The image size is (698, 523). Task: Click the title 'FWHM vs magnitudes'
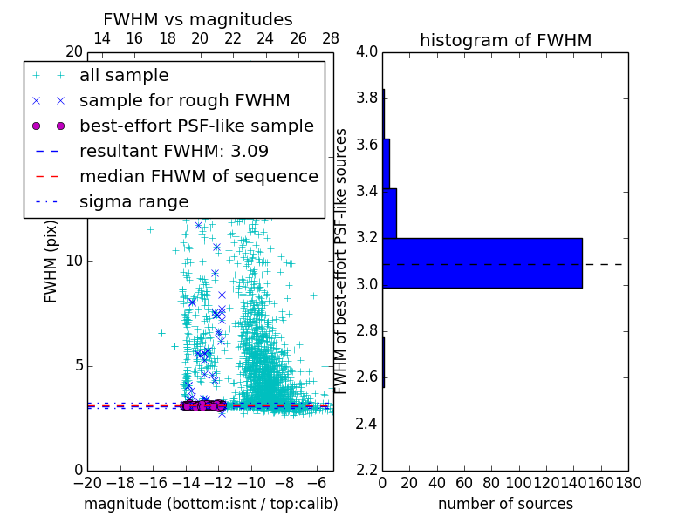(x=198, y=19)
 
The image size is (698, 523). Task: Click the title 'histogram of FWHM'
(x=505, y=40)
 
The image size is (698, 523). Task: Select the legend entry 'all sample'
(x=124, y=76)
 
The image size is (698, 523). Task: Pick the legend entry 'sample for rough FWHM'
(x=184, y=101)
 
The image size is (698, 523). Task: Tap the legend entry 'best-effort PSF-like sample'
(x=196, y=126)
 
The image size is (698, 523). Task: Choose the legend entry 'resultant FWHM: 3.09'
(x=174, y=151)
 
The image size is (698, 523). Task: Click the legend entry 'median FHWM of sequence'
(x=198, y=176)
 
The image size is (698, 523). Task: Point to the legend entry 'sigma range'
(x=133, y=201)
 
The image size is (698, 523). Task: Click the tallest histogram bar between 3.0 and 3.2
(x=482, y=262)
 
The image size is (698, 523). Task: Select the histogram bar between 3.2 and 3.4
(x=389, y=213)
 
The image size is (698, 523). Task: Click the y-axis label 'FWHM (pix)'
(x=51, y=261)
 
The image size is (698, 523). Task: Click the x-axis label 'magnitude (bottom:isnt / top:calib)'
(x=210, y=504)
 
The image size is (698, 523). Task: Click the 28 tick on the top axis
(x=331, y=38)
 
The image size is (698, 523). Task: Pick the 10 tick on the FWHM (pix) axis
(x=73, y=261)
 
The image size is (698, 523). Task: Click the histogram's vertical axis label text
(x=342, y=261)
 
